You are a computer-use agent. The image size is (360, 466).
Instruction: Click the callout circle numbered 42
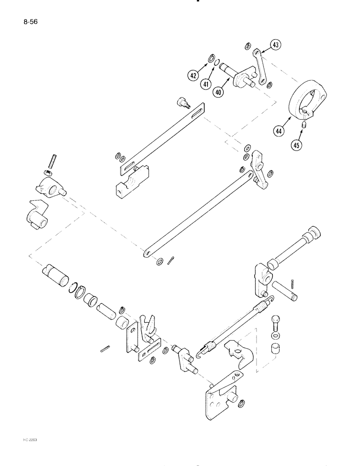tap(194, 75)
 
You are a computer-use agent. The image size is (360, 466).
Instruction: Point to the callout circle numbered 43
tap(276, 45)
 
